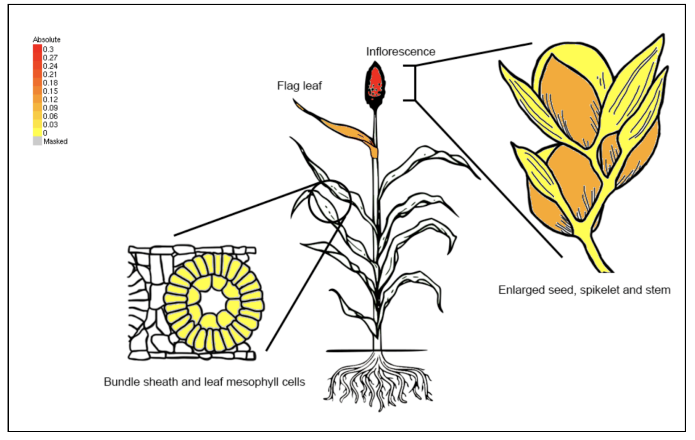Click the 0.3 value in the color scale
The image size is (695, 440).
coord(48,49)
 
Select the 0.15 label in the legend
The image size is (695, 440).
coord(50,91)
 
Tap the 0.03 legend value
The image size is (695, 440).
coord(50,125)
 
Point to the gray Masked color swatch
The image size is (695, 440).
coord(37,141)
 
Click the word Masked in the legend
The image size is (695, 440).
coord(55,141)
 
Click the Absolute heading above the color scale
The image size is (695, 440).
coord(47,40)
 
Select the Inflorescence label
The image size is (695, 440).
coord(400,52)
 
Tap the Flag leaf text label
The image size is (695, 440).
coord(299,86)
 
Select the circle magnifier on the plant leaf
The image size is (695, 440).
coord(330,201)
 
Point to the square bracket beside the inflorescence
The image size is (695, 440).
coord(415,83)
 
